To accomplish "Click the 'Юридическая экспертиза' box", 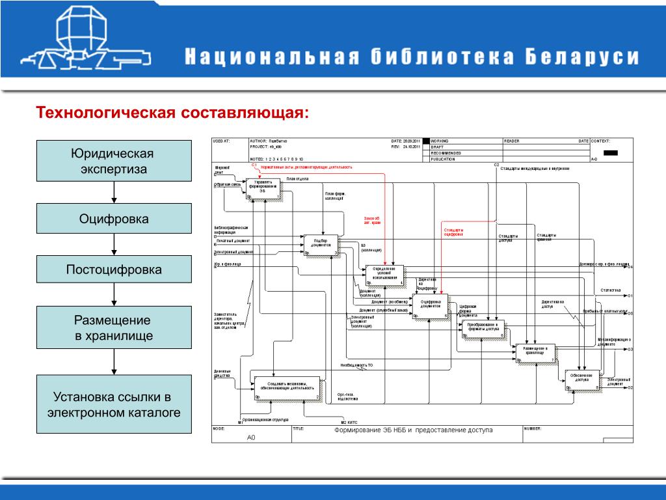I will pyautogui.click(x=114, y=161).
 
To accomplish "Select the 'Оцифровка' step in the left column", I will pyautogui.click(x=114, y=218).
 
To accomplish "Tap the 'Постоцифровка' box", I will pyautogui.click(x=114, y=269).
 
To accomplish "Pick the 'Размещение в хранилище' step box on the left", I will pyautogui.click(x=114, y=328).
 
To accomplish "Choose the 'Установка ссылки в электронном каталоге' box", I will pyautogui.click(x=114, y=404).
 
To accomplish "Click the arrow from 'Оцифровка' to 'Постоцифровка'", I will pyautogui.click(x=114, y=244).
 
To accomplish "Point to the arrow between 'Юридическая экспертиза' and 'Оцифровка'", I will pyautogui.click(x=114, y=192).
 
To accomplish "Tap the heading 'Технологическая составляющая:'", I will pyautogui.click(x=173, y=113).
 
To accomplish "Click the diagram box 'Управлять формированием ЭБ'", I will pyautogui.click(x=263, y=188).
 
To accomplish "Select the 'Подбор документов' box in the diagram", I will pyautogui.click(x=322, y=244).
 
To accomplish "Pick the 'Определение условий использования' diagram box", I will pyautogui.click(x=384, y=275).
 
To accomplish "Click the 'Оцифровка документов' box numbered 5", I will pyautogui.click(x=430, y=306).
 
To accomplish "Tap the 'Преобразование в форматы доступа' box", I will pyautogui.click(x=483, y=329).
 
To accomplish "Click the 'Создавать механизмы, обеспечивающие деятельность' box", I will pyautogui.click(x=287, y=387).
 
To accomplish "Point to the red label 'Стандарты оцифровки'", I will pyautogui.click(x=454, y=232).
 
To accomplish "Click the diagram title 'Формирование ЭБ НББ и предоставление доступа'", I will pyautogui.click(x=414, y=430).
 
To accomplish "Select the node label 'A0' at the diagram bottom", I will pyautogui.click(x=251, y=437).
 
